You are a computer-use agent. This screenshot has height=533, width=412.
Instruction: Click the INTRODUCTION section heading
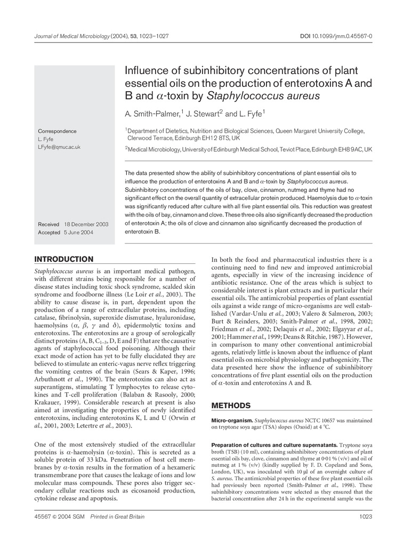click(x=64, y=260)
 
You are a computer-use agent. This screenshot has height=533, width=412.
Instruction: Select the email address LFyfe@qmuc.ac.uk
click(x=59, y=147)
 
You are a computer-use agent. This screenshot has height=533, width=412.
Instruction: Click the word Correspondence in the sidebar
click(x=57, y=131)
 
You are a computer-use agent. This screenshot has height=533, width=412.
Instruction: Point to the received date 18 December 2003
click(x=86, y=224)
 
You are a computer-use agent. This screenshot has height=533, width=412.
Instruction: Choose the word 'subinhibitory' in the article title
click(x=204, y=70)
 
